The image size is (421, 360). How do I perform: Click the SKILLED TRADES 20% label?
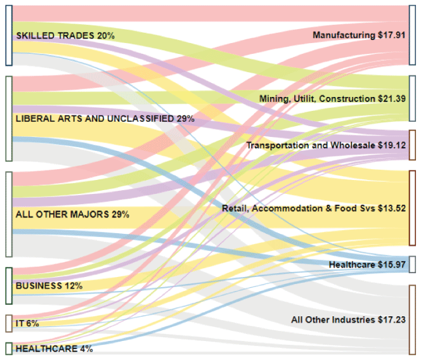coord(65,35)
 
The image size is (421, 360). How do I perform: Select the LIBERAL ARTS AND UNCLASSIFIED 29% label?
coord(105,119)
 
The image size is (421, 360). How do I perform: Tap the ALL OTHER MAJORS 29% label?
coord(72,215)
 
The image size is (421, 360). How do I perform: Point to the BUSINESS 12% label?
coord(49,286)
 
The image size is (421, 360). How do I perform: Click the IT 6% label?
coord(27,323)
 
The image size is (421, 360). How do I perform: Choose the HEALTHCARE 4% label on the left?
coord(54,349)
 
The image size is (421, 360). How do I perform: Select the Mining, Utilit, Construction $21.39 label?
coord(332,98)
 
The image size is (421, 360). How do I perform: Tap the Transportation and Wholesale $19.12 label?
coord(326,145)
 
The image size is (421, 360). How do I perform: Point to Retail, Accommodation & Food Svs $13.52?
coord(314,207)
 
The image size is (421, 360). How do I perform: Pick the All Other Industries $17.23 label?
coord(348,320)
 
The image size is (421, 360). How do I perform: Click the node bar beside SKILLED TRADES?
coord(9,35)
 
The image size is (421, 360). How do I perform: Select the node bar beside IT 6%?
coord(9,323)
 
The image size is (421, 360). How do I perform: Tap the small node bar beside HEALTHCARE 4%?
coord(9,349)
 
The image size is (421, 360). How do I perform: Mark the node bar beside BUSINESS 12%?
coord(9,286)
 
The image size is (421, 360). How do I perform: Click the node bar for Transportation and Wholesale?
coord(412,145)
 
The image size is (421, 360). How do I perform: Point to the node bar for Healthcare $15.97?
coord(412,264)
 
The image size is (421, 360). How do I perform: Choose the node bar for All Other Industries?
coord(412,319)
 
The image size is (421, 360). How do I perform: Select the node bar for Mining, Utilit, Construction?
coord(412,98)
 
